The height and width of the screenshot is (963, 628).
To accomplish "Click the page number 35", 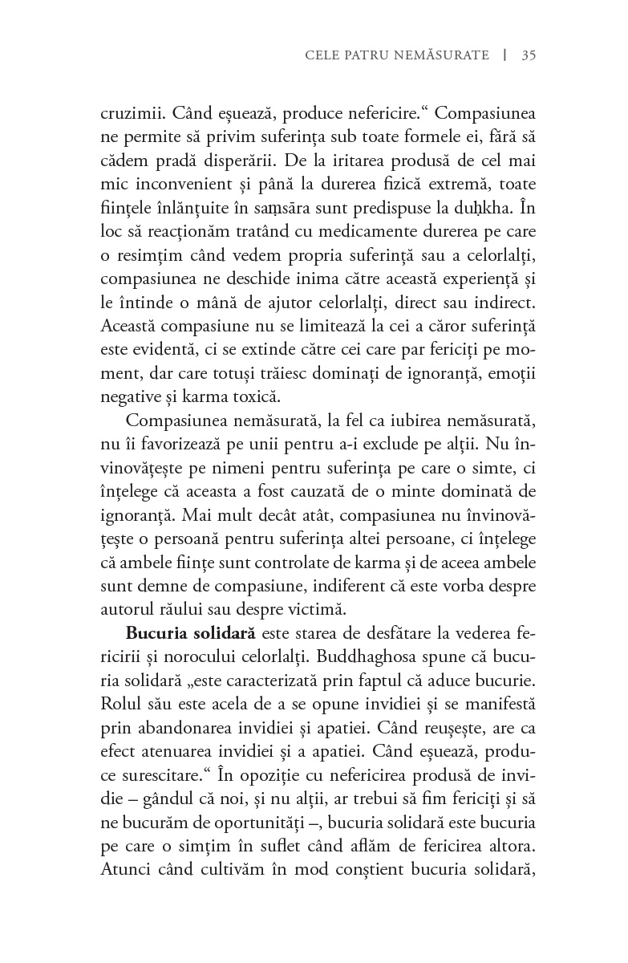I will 529,55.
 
